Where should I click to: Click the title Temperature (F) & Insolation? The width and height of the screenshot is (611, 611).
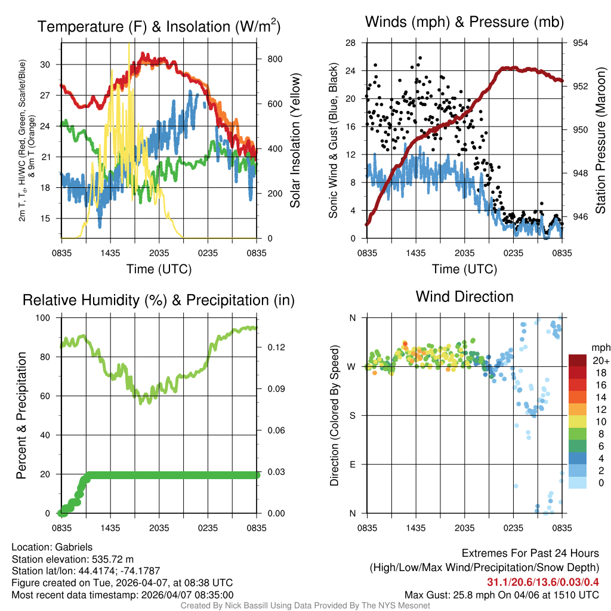(159, 27)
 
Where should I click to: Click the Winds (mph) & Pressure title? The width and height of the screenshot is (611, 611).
(464, 23)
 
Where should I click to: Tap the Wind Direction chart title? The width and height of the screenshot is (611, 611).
(464, 297)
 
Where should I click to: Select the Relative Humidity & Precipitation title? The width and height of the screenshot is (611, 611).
(159, 300)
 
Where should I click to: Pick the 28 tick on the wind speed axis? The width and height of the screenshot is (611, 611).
(351, 43)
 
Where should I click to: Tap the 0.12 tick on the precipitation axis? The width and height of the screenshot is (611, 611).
(269, 347)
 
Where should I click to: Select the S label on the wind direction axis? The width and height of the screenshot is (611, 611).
(352, 415)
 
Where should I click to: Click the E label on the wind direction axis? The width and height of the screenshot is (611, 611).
(352, 464)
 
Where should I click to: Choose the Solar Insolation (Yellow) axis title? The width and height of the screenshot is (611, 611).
(295, 140)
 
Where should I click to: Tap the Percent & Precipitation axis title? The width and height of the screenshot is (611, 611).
(21, 415)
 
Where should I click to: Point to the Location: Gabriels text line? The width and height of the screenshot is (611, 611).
(52, 547)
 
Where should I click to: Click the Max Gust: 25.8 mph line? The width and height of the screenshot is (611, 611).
(501, 594)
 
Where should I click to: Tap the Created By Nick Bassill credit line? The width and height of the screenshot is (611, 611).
(305, 605)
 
